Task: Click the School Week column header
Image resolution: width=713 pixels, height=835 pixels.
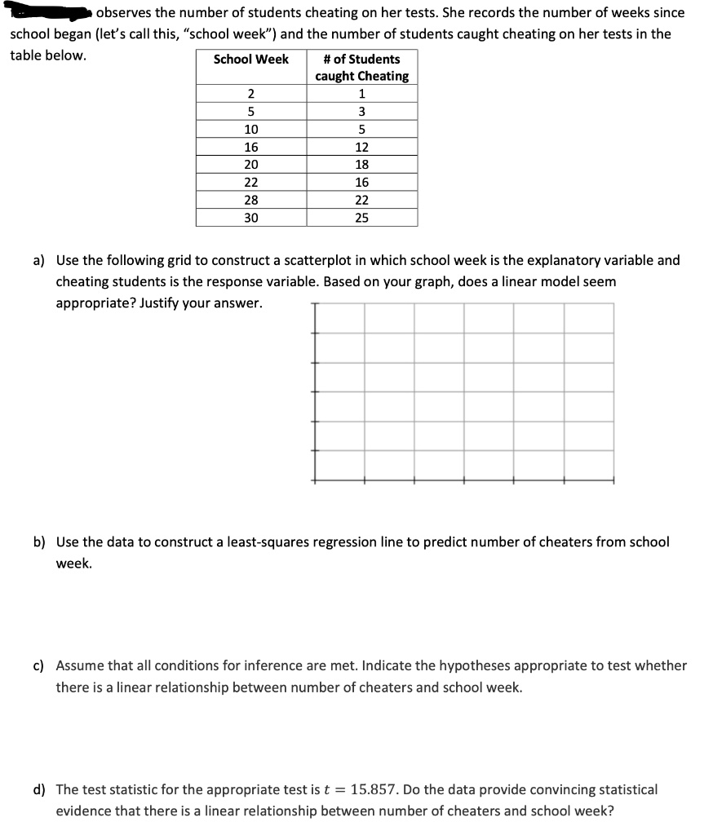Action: (x=251, y=60)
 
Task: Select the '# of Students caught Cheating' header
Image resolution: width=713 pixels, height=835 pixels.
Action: (x=361, y=68)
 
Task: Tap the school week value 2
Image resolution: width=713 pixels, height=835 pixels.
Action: (x=251, y=95)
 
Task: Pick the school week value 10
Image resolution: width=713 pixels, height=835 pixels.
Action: (x=251, y=130)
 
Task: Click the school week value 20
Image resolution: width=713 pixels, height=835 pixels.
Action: (x=251, y=165)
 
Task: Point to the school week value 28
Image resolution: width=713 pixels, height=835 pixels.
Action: (x=251, y=200)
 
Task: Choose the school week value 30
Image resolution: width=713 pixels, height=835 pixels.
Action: (x=251, y=218)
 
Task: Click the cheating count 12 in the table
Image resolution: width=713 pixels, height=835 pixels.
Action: (x=361, y=148)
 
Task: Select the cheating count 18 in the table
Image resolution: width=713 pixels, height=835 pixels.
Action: (x=361, y=165)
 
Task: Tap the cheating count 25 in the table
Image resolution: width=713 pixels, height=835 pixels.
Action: (x=361, y=218)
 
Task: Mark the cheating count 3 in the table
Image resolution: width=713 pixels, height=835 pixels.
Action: (x=361, y=112)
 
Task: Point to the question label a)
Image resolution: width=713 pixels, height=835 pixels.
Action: (x=38, y=261)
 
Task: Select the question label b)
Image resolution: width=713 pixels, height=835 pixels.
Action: (x=38, y=542)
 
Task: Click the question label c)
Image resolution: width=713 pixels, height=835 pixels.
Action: (x=38, y=666)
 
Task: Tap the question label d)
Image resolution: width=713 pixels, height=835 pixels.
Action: (x=38, y=789)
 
